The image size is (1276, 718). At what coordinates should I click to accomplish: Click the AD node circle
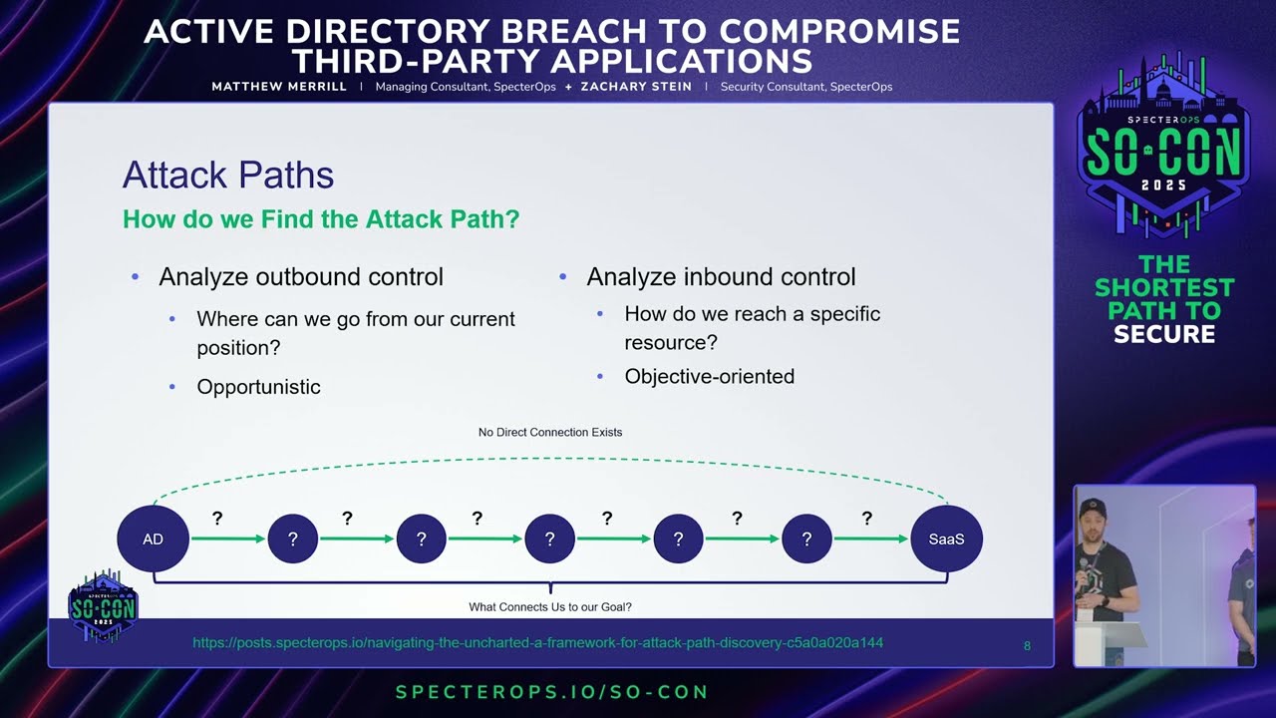pos(153,538)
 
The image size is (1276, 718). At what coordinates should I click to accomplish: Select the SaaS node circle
pos(946,538)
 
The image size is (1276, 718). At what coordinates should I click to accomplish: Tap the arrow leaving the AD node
pos(228,538)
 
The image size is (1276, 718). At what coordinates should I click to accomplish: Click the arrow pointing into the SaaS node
pos(871,538)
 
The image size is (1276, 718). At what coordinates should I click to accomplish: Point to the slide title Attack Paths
pos(228,175)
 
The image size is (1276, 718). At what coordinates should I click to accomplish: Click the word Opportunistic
pos(258,387)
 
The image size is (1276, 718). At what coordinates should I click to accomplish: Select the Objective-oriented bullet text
pos(709,376)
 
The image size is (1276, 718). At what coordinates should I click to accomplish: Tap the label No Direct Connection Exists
pos(550,432)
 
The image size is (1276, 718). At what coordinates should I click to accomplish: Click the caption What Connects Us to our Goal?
pos(550,607)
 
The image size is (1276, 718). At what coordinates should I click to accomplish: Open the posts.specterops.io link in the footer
pos(537,643)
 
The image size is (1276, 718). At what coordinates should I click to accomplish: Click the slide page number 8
pos(1027,645)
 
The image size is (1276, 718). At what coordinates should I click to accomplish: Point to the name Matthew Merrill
pos(279,87)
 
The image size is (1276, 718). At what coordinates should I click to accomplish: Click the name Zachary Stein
pos(636,87)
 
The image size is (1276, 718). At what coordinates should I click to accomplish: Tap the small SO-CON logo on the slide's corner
pos(103,605)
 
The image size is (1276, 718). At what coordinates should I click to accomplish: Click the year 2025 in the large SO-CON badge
pos(1163,185)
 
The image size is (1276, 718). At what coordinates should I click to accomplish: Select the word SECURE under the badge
pos(1164,334)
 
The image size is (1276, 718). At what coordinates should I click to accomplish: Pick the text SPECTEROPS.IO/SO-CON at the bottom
pos(552,692)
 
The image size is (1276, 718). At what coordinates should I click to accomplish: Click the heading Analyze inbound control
pos(721,277)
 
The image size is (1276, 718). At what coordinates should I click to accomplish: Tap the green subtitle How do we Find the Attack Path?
pos(321,218)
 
